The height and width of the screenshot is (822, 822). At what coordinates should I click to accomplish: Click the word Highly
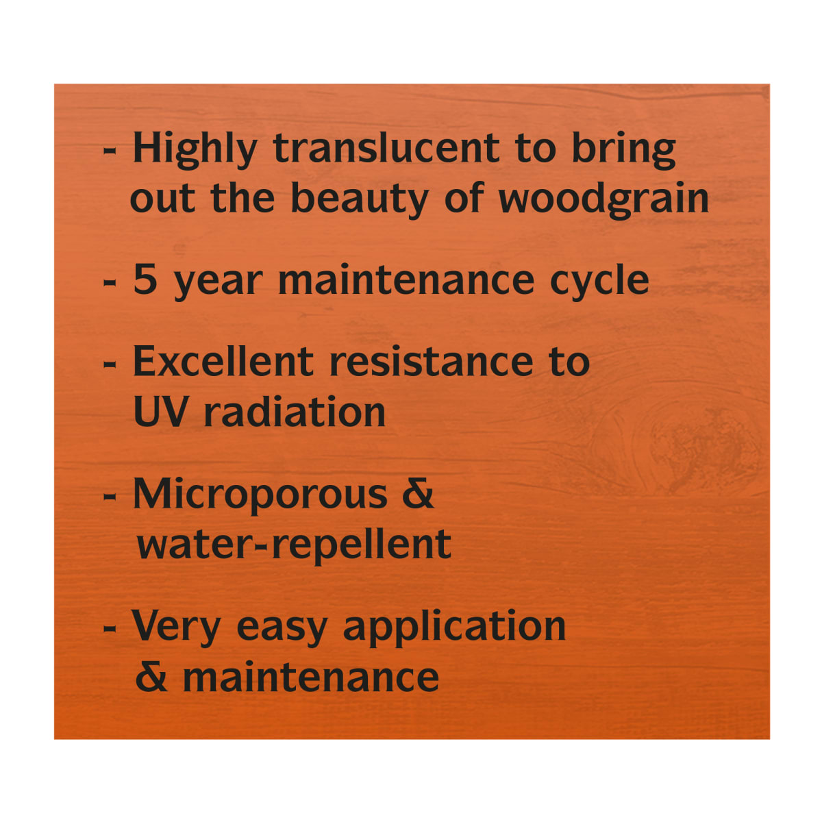[195, 151]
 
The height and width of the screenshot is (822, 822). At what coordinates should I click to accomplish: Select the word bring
[623, 151]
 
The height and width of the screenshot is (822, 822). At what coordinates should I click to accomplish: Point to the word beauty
[359, 200]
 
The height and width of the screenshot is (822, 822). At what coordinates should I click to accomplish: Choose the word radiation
[295, 410]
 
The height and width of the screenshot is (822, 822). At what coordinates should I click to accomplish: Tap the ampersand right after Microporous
[418, 493]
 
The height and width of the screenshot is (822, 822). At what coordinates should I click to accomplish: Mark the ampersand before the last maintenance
[151, 676]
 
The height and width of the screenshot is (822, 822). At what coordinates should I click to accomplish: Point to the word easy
[282, 630]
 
